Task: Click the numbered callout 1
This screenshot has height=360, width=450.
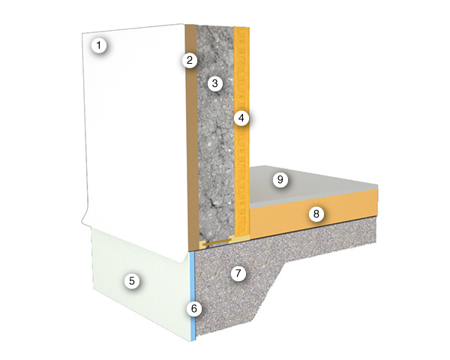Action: point(99,45)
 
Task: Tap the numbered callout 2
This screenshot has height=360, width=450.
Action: point(190,60)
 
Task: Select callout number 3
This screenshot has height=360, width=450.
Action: point(214,83)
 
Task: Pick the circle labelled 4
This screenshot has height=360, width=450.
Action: point(241,118)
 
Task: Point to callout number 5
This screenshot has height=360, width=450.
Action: point(132,280)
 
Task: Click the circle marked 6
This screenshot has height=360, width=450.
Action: point(194,309)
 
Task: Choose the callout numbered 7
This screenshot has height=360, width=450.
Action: point(238,273)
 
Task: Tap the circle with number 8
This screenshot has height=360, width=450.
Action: point(316,214)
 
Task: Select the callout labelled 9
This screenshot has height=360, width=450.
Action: point(280,180)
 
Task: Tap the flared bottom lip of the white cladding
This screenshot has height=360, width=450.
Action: point(135,241)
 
